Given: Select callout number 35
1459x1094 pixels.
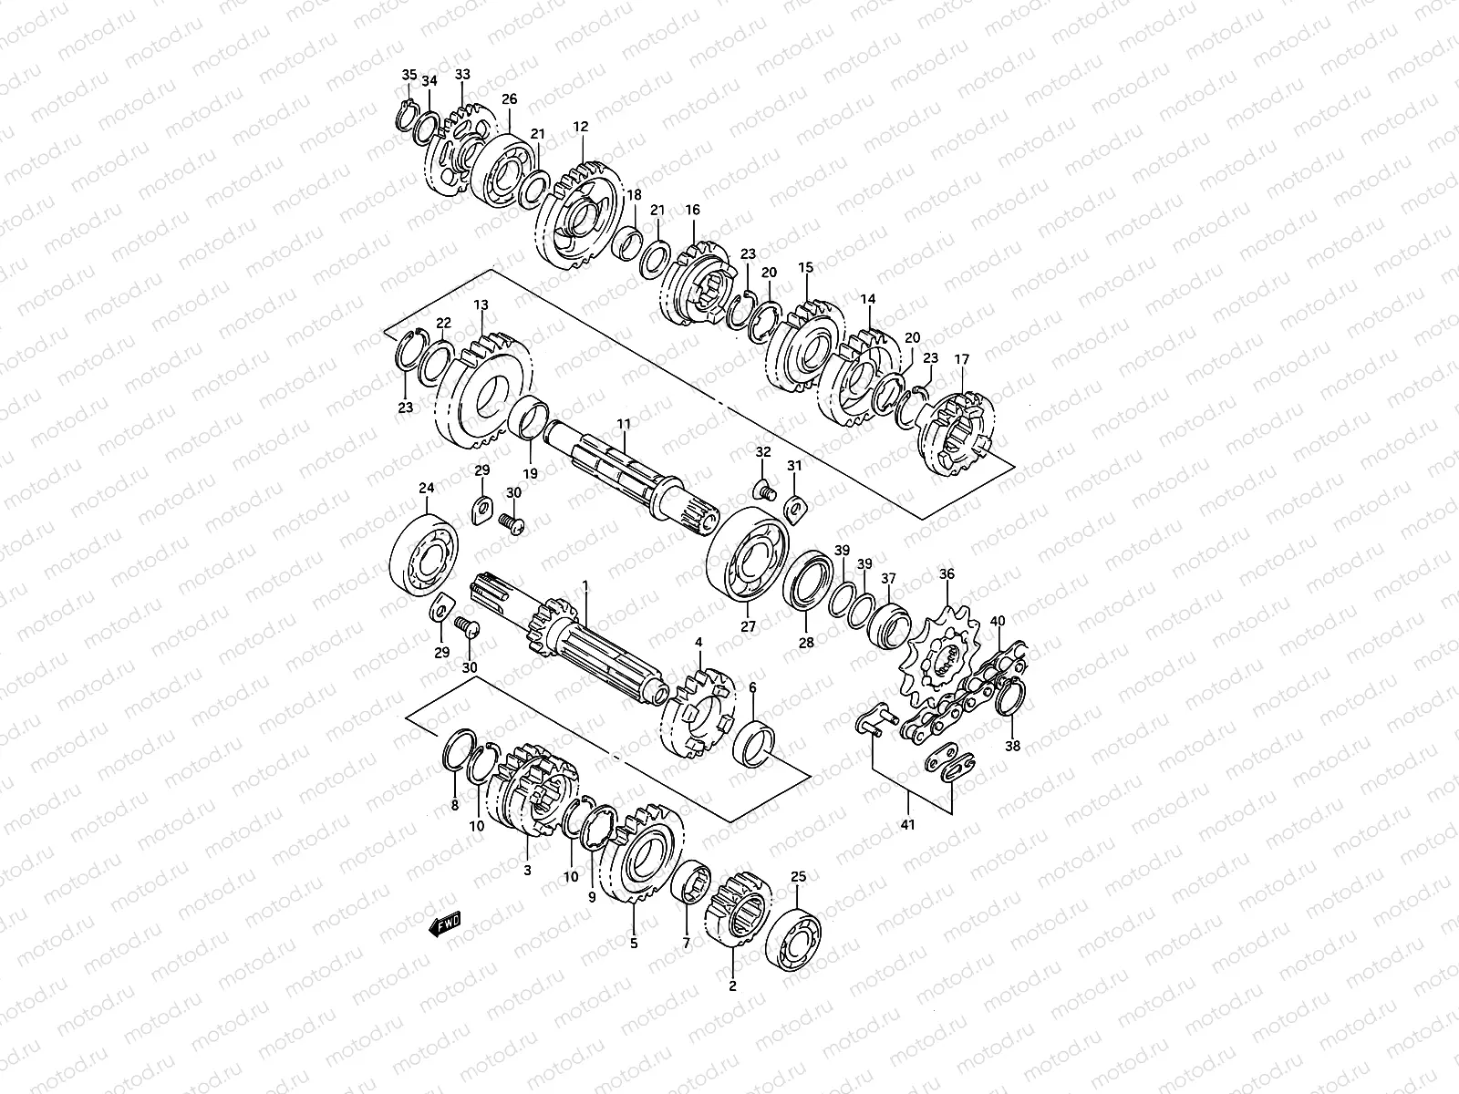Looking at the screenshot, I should pyautogui.click(x=409, y=75).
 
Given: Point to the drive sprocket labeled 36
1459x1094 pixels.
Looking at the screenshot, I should pyautogui.click(x=939, y=655).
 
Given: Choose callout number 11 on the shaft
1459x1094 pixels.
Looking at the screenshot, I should pyautogui.click(x=624, y=425).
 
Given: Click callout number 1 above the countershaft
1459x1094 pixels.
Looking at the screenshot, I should pyautogui.click(x=586, y=593).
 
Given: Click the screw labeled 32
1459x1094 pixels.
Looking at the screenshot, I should pyautogui.click(x=764, y=492).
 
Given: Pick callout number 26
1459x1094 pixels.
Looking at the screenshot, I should pyautogui.click(x=509, y=99).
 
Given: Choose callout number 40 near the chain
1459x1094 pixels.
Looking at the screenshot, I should pyautogui.click(x=998, y=622).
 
